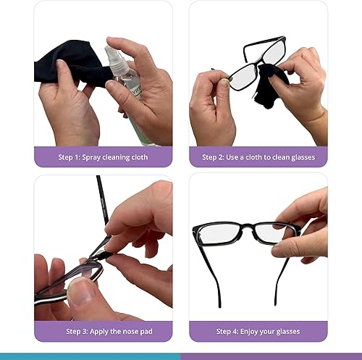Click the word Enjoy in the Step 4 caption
coord(248,331)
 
